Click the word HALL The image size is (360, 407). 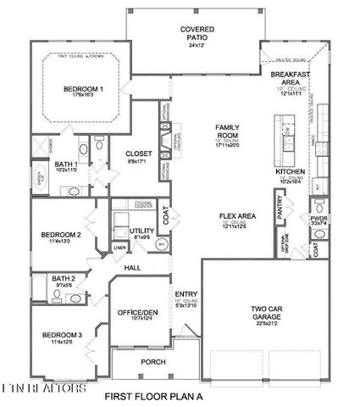tap(132, 267)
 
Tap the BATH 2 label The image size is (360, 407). tap(63, 278)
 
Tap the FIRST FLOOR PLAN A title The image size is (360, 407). tap(153, 397)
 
